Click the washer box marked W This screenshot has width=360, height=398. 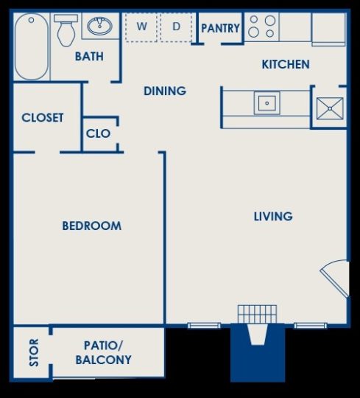click(x=142, y=28)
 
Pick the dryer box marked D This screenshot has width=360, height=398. click(x=176, y=28)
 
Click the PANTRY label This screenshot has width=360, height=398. click(x=220, y=29)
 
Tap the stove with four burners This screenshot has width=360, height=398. click(x=261, y=27)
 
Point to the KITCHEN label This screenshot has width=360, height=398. click(x=286, y=64)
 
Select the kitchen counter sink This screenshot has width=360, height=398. click(x=266, y=102)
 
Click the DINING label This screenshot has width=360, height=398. click(x=164, y=91)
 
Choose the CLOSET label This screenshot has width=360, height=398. click(x=43, y=117)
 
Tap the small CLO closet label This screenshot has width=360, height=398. click(x=99, y=133)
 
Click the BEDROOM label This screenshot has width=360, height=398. click(x=91, y=226)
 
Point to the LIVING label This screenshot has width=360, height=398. click(x=273, y=216)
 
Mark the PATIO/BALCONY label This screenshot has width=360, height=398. click(x=103, y=352)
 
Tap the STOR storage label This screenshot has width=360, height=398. click(x=32, y=353)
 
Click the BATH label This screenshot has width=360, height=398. click(x=89, y=56)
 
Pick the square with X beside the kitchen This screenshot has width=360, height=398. click(x=329, y=108)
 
